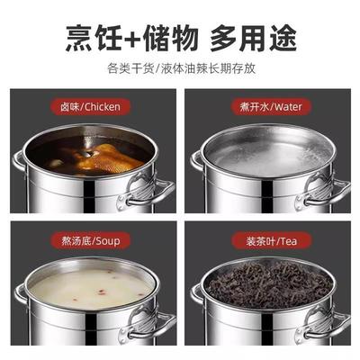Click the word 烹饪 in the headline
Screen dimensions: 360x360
pos(92,38)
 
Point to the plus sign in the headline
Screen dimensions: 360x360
pos(131,38)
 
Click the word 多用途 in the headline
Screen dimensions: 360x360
pos(255,38)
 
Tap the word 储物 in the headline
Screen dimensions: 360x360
pos(169,38)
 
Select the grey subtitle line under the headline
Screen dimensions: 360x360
pos(180,67)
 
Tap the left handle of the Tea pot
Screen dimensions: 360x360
pos(196,292)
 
